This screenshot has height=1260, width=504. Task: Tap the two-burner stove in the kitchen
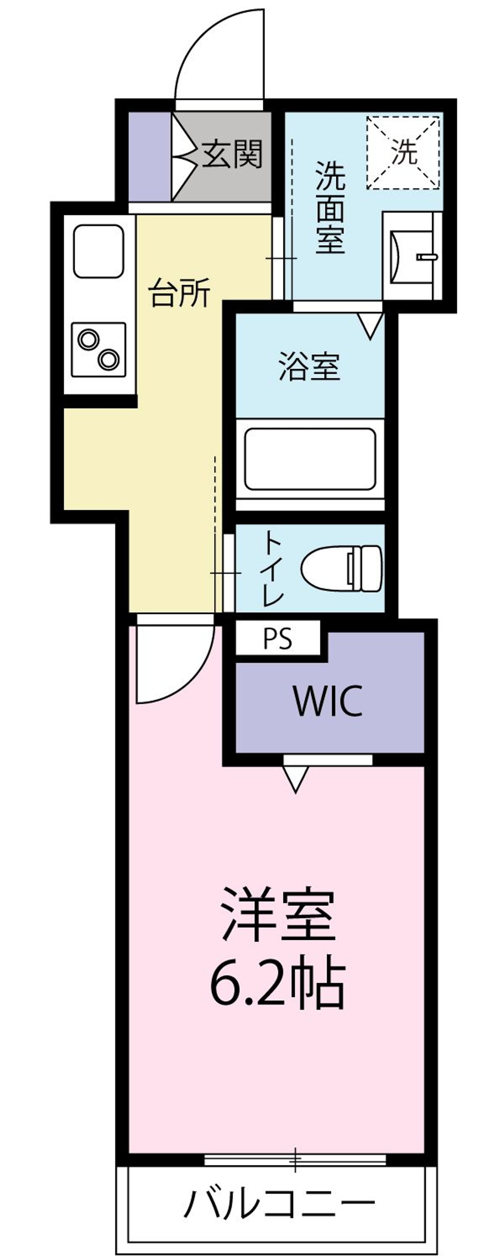point(98,349)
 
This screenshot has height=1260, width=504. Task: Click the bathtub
point(310,458)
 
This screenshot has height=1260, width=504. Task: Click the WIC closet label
point(328,701)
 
